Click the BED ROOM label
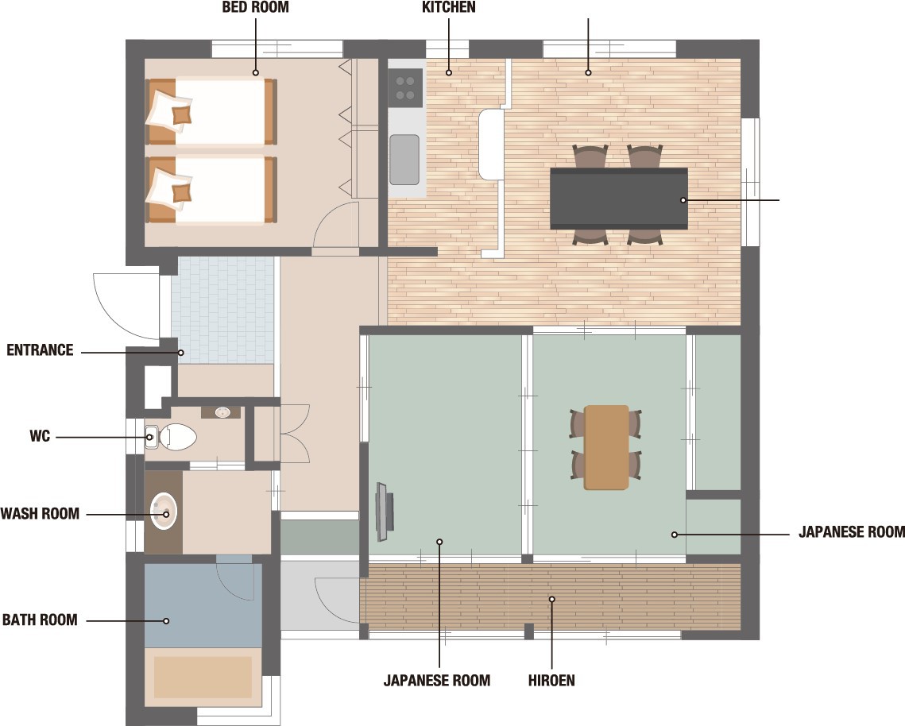click(255, 7)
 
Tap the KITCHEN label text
click(448, 7)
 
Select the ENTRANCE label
click(40, 350)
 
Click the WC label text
click(40, 436)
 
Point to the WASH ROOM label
click(40, 514)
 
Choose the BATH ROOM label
click(40, 620)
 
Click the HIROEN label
click(551, 681)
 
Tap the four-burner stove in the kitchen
click(405, 88)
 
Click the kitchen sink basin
click(404, 160)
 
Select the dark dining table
click(619, 199)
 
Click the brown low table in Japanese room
click(606, 447)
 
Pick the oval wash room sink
click(164, 512)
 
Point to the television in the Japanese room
click(385, 512)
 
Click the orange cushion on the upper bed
click(182, 115)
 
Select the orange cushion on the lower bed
click(182, 192)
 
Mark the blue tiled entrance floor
click(222, 311)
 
